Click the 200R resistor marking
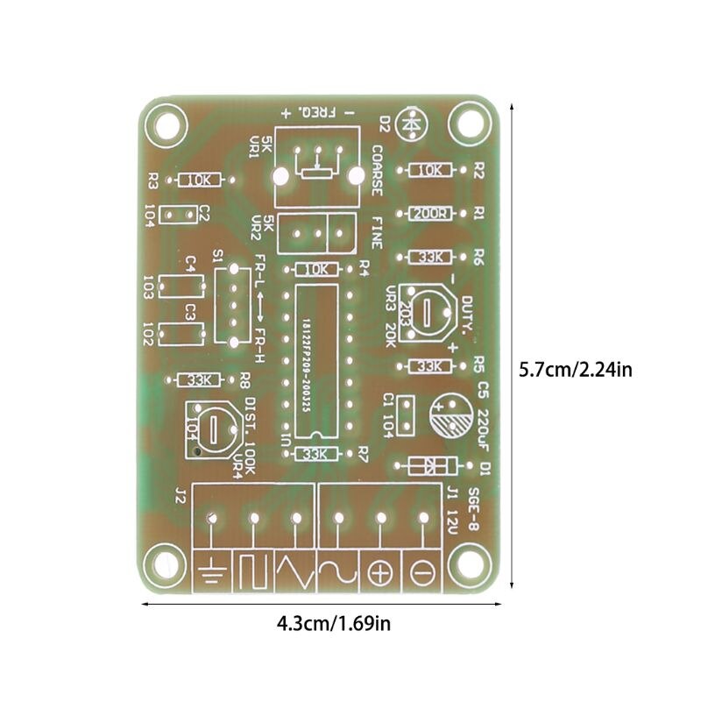coord(428,214)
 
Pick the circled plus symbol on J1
coord(380,574)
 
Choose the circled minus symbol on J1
coord(422,574)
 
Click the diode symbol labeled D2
coord(410,124)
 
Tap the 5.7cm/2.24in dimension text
coord(575,369)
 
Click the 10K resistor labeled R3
coord(198,180)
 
